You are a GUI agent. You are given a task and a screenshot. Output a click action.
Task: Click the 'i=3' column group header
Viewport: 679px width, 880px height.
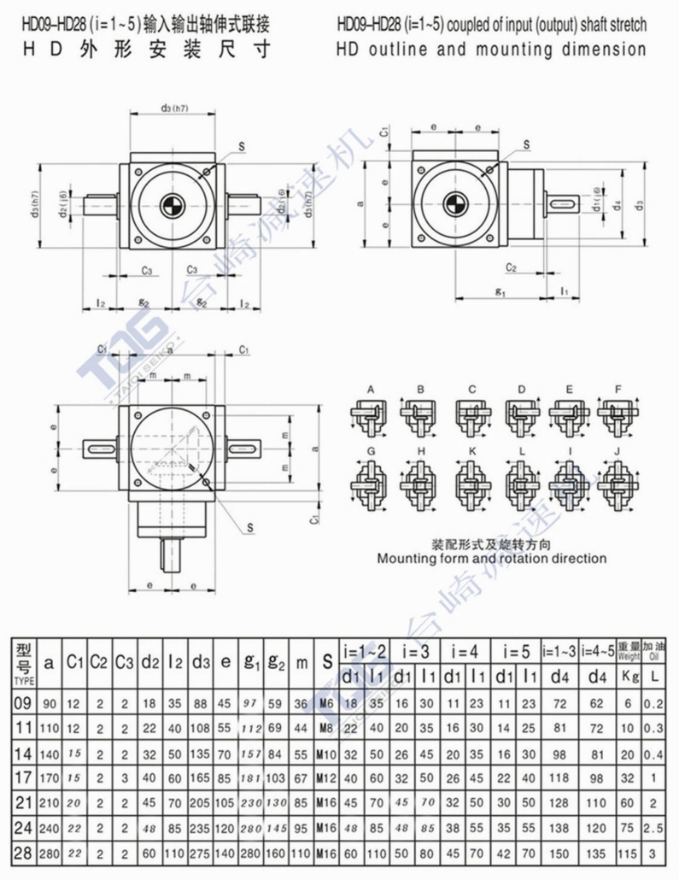coord(414,650)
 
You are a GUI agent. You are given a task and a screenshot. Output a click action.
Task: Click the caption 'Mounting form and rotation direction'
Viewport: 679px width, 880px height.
coord(492,559)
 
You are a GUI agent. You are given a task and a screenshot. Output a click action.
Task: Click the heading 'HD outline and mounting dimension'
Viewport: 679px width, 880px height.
coord(491,50)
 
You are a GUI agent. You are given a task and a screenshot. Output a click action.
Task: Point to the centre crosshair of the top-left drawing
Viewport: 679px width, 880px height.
coord(172,204)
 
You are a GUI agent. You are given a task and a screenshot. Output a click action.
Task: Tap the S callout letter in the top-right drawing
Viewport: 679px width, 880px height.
coord(525,145)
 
